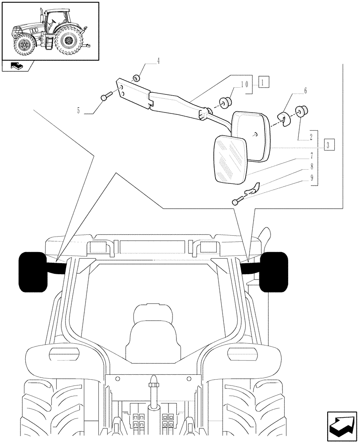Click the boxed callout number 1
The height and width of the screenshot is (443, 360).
[x=263, y=82]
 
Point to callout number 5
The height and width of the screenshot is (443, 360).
[x=78, y=110]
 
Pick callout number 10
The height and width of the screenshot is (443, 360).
[x=244, y=84]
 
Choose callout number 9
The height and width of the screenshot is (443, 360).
[x=312, y=178]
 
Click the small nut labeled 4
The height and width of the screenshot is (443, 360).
[x=137, y=78]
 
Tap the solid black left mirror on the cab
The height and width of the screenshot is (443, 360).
[x=32, y=272]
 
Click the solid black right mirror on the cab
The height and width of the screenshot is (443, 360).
[x=273, y=272]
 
